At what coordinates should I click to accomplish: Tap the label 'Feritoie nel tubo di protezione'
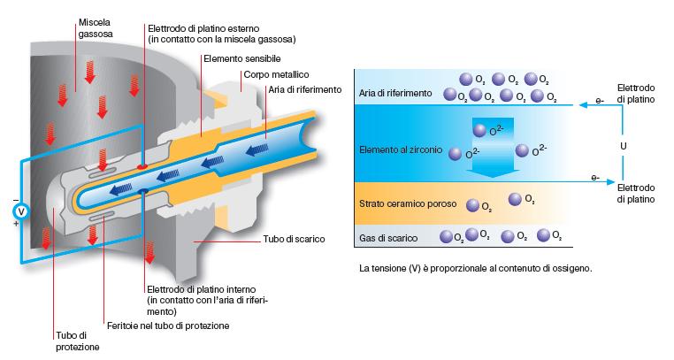click(x=167, y=326)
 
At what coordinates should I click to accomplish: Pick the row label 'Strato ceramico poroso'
click(x=408, y=204)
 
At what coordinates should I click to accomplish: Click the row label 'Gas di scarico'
click(x=385, y=236)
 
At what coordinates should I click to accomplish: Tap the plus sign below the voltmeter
click(x=15, y=225)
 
